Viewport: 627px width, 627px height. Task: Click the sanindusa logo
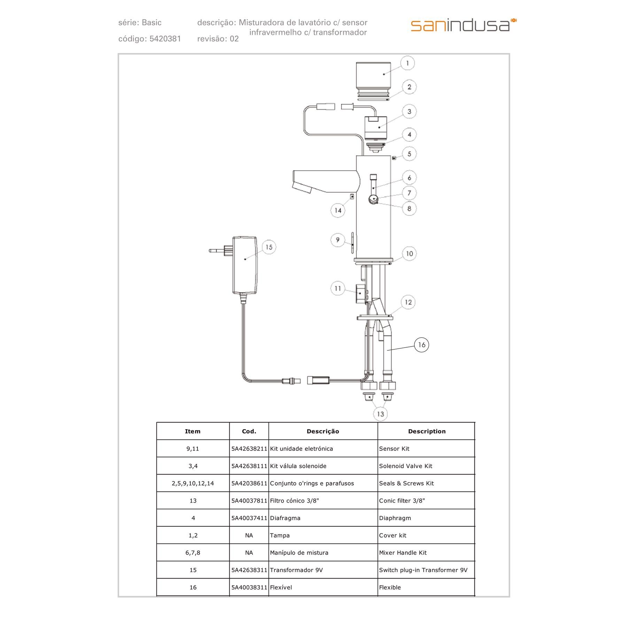coord(463,25)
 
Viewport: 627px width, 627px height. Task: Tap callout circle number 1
coord(407,63)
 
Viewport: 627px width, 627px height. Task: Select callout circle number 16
coord(421,345)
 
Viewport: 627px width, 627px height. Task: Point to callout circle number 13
coord(380,414)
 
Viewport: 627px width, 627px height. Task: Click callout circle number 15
coord(269,247)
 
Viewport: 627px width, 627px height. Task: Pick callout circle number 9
coord(338,240)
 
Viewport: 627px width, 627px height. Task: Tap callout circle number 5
coord(409,154)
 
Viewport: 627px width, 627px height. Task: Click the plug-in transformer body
coord(245,265)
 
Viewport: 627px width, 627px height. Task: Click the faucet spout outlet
coord(302,188)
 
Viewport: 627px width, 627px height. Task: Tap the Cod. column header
coord(249,431)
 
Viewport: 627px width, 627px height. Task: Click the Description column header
coord(427,431)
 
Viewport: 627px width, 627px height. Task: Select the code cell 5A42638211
coord(249,449)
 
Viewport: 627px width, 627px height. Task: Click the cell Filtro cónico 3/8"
coord(294,501)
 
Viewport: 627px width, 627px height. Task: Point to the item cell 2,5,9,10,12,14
coord(193,483)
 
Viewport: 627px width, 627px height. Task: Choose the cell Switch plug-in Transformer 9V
coord(423,570)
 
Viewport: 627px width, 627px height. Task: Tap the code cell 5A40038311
coord(249,587)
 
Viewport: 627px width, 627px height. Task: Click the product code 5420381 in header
coord(165,39)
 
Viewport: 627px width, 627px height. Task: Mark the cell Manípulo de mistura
coord(299,553)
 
